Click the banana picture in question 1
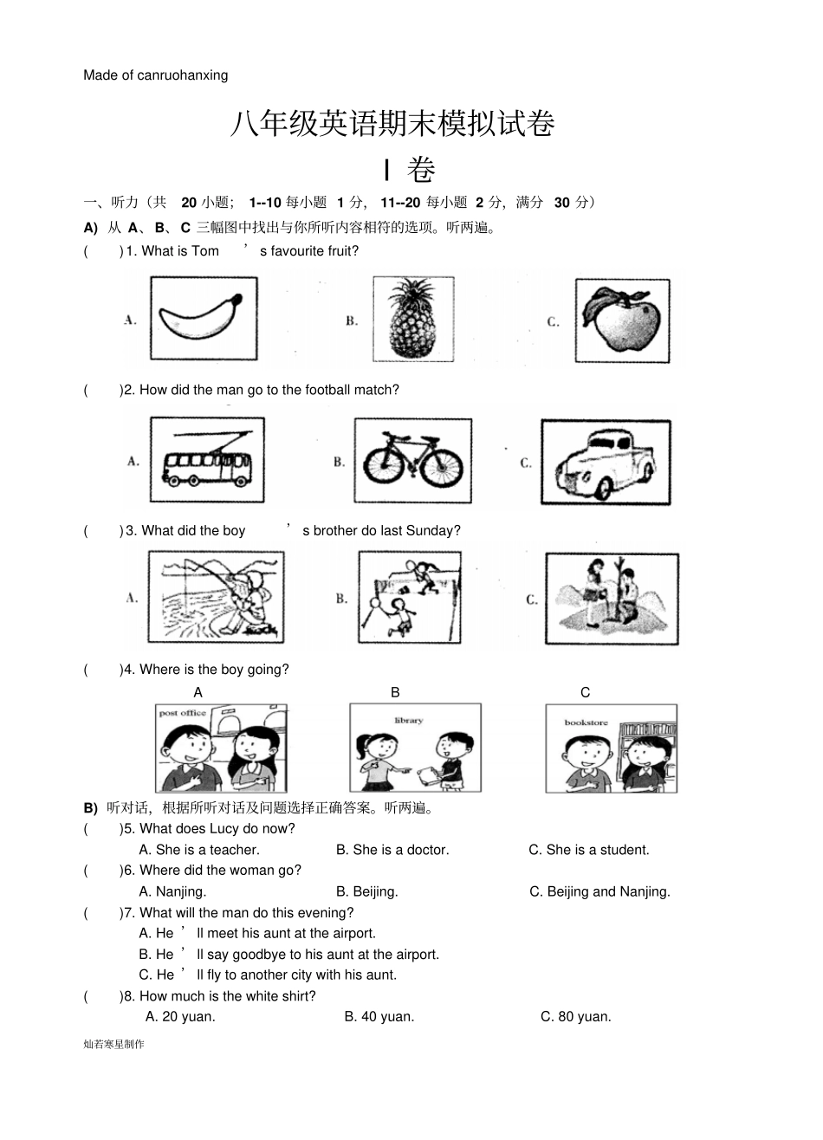[204, 320]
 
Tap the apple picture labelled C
[621, 321]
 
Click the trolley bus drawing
[207, 460]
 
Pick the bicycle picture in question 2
[412, 460]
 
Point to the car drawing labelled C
[606, 462]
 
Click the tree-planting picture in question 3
[611, 599]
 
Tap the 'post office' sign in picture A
[183, 713]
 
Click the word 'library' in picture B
[408, 720]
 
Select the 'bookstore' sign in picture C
[586, 722]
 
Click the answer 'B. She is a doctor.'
[392, 850]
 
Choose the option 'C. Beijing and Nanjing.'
[599, 891]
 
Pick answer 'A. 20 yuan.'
[180, 1017]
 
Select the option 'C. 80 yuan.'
[576, 1017]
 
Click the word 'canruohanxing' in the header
[183, 75]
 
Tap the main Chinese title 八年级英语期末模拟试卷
[392, 125]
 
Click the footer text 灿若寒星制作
[114, 1044]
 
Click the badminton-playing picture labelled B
[409, 597]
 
